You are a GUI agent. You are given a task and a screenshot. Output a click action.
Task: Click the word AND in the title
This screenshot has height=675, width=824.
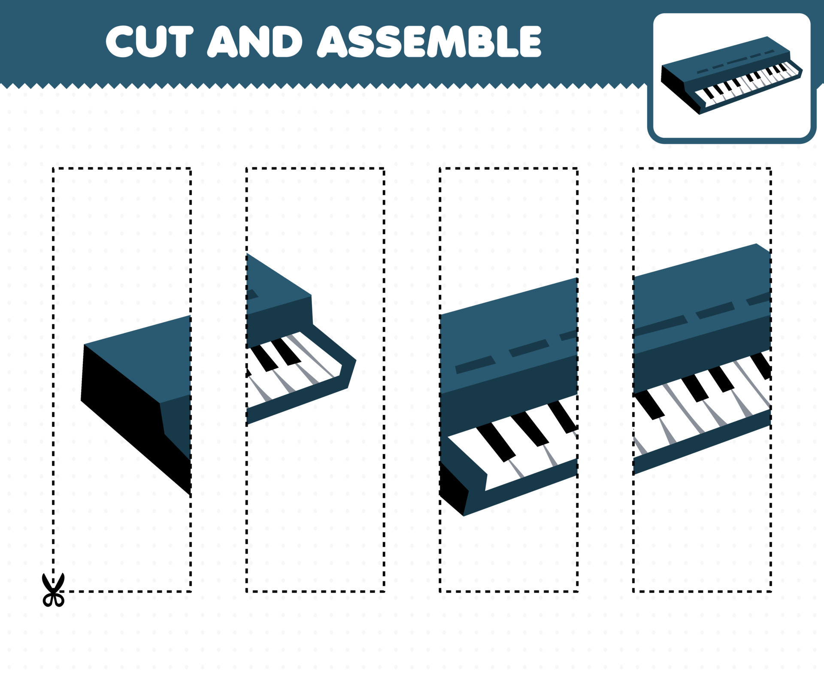point(255,41)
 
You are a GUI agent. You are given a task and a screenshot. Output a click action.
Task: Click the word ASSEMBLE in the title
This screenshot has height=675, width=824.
point(429,41)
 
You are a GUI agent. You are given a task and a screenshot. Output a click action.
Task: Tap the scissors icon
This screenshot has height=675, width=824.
point(53,590)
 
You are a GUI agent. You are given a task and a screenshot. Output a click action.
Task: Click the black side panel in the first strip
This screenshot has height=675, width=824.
point(124,412)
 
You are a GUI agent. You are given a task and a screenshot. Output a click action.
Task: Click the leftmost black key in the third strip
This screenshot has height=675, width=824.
point(496,442)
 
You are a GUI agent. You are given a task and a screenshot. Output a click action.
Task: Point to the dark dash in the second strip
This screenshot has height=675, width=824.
point(251,295)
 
